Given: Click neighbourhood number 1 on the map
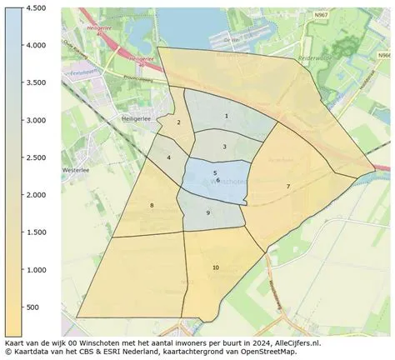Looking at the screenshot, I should click(226, 116).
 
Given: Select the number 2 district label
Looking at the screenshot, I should click(178, 123).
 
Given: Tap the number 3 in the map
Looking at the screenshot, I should click(224, 147).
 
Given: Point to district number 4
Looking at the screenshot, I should click(168, 157).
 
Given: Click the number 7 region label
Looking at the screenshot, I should click(287, 187).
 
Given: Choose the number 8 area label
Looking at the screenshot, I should click(151, 205).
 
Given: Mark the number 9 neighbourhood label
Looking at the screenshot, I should click(207, 213).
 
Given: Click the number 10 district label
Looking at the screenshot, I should click(215, 267).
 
